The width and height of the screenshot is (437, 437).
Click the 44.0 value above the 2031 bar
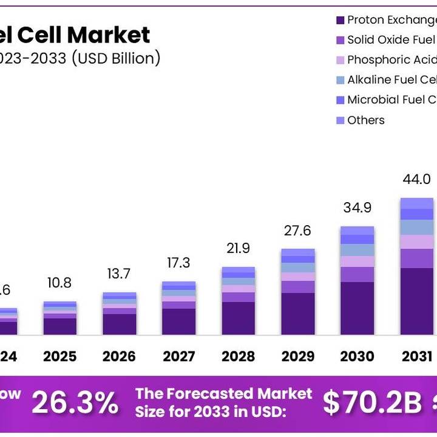point(416,180)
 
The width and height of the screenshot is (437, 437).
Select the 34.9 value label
point(357,208)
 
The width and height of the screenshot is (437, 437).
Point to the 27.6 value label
point(297,231)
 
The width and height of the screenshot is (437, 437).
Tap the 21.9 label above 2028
point(238,248)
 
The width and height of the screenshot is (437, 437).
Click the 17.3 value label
point(178,263)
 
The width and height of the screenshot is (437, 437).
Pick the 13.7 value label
point(119,274)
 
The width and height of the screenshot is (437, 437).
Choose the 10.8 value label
point(59,283)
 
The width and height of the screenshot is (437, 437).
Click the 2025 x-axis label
point(59,356)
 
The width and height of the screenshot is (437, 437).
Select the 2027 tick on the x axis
point(178,356)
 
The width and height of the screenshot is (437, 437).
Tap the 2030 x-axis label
point(357,356)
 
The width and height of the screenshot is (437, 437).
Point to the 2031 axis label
point(416,356)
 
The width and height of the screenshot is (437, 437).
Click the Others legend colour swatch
point(340,120)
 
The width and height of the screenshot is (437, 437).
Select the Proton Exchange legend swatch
point(340,21)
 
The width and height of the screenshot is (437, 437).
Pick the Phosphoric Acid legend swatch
point(340,60)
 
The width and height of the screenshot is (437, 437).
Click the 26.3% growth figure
point(75,402)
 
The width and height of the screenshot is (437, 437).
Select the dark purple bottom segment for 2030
point(357,308)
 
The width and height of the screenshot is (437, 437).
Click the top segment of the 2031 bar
point(416,203)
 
